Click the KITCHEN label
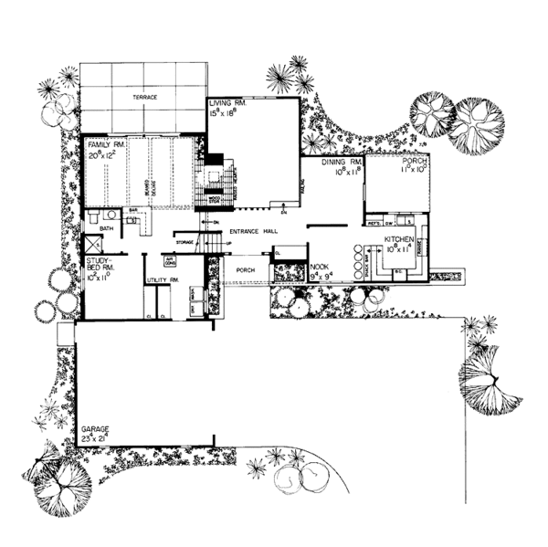tap(400, 239)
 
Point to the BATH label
tap(106, 228)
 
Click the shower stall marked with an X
tap(92, 244)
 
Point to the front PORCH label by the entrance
tap(246, 270)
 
